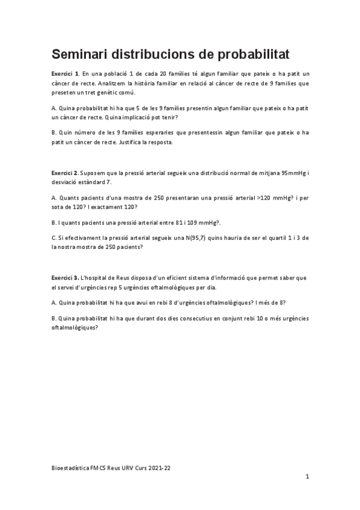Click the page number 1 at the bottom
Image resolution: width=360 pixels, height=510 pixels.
(307, 477)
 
